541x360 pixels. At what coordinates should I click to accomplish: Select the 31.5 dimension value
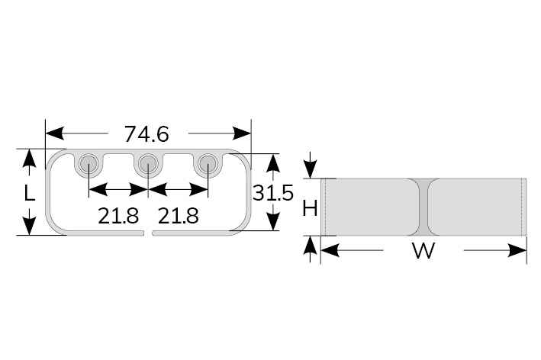pos(272,192)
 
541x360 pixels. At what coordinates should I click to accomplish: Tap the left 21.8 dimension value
pos(118,216)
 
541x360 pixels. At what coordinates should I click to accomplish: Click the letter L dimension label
pos(29,192)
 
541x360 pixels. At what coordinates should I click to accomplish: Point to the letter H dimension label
pos(310,207)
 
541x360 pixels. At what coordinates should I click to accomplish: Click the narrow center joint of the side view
pos(423,207)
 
